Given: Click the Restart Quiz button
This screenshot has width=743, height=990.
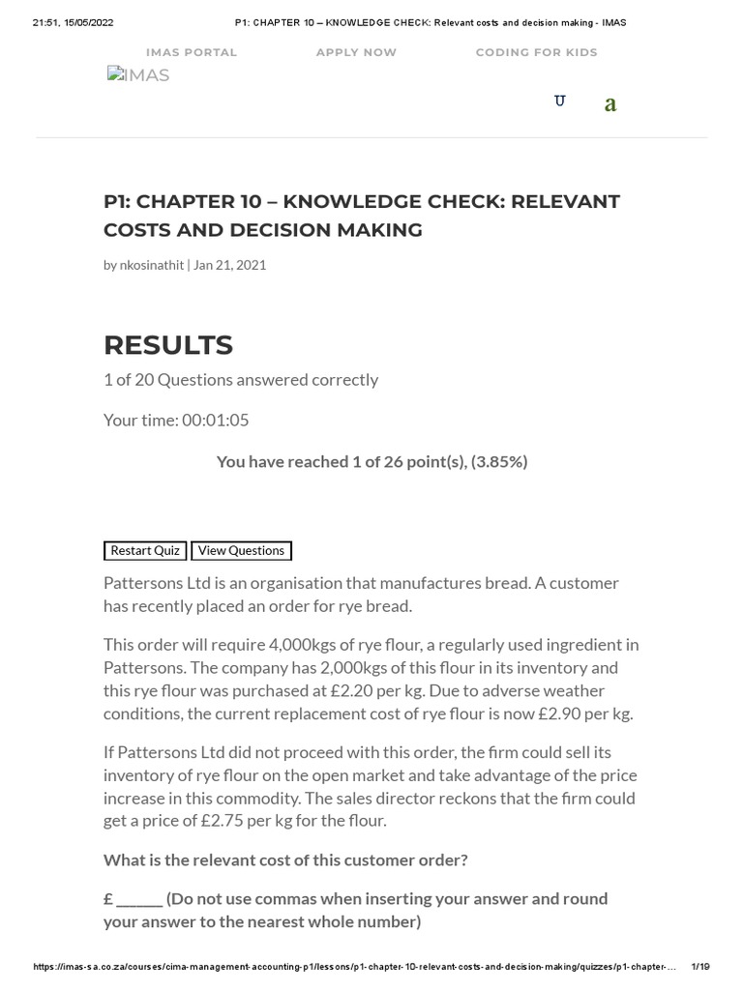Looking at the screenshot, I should point(145,550).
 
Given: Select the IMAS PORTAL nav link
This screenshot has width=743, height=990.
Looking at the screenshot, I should point(192,52).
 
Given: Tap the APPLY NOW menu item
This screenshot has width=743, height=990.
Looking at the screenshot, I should point(356,52).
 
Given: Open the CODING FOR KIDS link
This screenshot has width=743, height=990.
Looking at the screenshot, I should point(536,52).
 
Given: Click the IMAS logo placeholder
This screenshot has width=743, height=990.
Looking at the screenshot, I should point(138,75).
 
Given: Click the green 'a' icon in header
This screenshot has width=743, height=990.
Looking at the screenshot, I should point(610,104).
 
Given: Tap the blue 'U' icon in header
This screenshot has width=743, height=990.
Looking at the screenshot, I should point(559,102).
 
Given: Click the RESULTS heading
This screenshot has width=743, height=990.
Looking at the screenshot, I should point(168,345).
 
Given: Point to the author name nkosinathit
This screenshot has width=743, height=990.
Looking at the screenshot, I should point(151,265).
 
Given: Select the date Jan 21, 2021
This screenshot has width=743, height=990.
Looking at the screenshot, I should point(230,265).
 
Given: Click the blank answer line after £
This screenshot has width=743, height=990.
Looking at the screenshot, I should point(139,899).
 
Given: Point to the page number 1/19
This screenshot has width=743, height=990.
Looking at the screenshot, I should point(700,967).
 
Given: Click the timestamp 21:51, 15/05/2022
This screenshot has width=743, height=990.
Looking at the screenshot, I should point(73,22).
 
